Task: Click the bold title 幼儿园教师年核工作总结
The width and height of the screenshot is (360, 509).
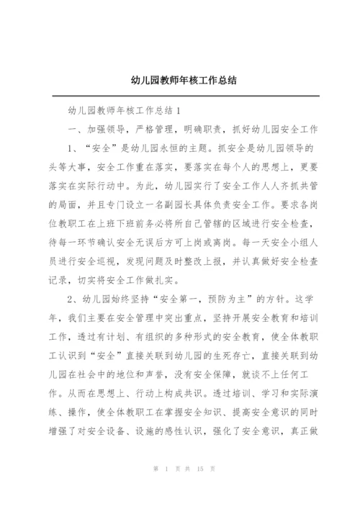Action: click(x=180, y=80)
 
